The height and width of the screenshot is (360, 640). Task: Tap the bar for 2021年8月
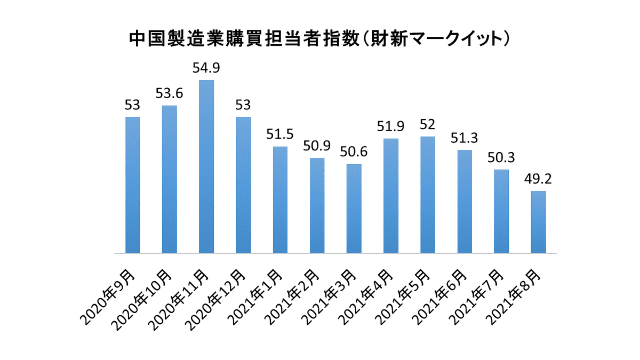coord(538,222)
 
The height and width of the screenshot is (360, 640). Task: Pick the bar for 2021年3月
coord(354,208)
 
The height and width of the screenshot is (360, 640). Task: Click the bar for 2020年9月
coord(132,185)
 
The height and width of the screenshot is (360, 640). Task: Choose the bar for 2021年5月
coord(428,195)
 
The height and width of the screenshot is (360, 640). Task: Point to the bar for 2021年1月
coord(280,199)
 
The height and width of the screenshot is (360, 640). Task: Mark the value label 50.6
coord(354,151)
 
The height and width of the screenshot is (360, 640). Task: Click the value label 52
coord(428,124)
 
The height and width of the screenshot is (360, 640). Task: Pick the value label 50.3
coord(501,157)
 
